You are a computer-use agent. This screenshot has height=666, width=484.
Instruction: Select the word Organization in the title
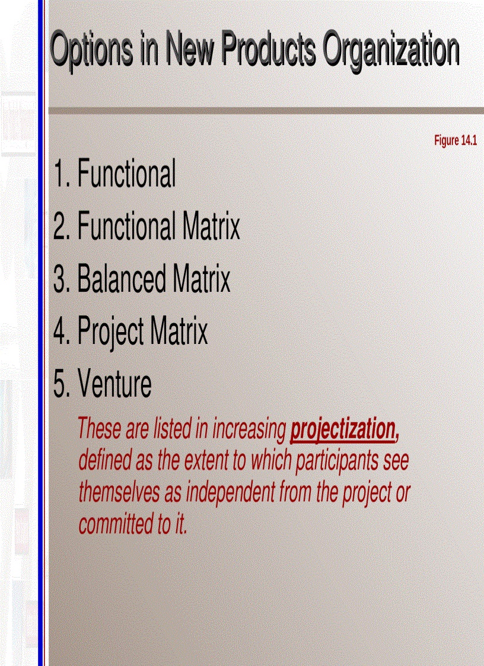[x=391, y=50]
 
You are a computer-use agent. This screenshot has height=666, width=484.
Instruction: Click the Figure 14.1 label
[x=456, y=141]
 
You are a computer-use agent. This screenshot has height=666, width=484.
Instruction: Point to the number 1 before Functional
[x=59, y=174]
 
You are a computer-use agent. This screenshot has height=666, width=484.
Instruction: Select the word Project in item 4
[x=111, y=332]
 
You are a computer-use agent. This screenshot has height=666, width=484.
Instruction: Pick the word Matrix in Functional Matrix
[x=212, y=227]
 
